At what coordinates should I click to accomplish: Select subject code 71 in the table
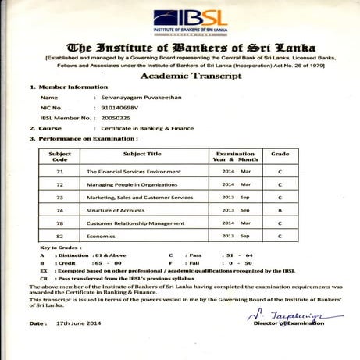click(59, 170)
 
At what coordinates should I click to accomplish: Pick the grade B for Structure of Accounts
click(280, 211)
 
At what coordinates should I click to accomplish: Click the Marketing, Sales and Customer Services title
click(139, 198)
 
